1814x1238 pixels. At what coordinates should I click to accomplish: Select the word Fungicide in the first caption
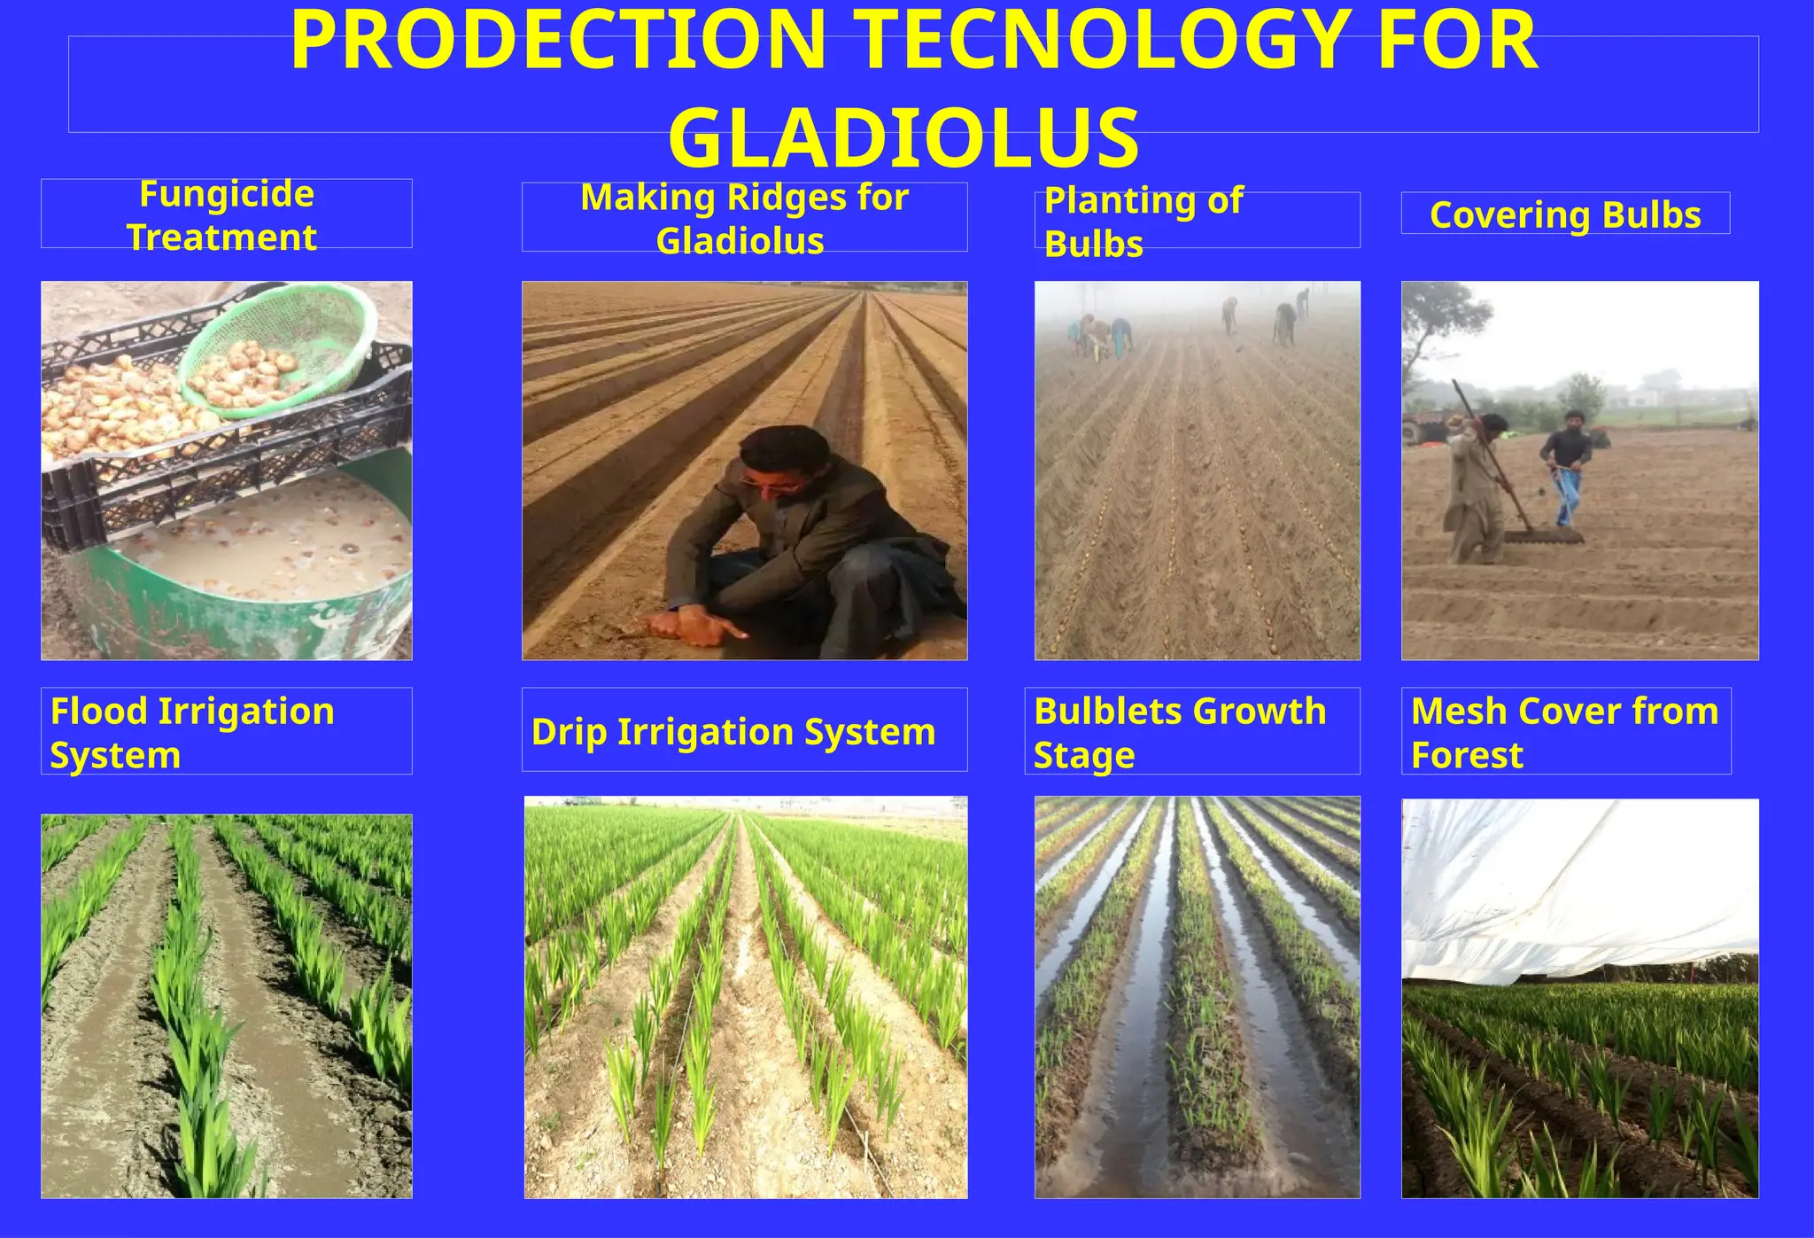click(227, 194)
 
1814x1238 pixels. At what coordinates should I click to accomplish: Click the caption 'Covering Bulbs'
click(1565, 215)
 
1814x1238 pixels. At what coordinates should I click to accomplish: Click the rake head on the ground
click(1543, 537)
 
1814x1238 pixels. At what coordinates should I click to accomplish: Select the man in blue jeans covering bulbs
click(1566, 465)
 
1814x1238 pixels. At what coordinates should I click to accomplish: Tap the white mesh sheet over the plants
click(1577, 886)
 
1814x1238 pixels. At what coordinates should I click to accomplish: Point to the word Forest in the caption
click(1467, 756)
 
